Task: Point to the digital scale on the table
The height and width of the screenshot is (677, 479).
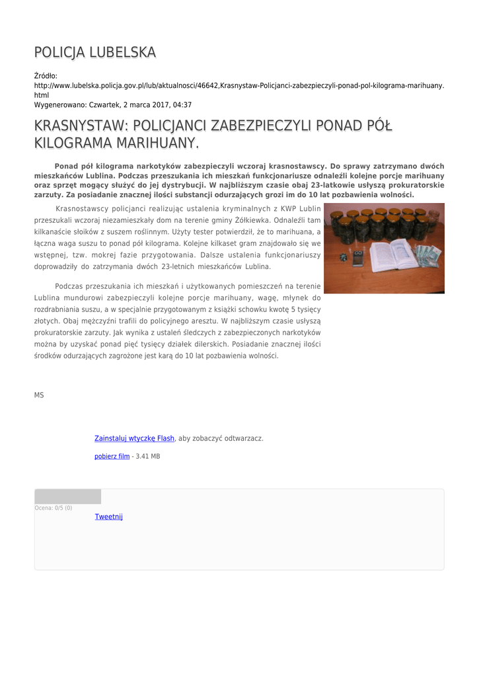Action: pyautogui.click(x=358, y=258)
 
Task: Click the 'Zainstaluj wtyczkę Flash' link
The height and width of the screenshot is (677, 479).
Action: pyautogui.click(x=135, y=438)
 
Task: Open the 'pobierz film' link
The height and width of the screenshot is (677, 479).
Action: pyautogui.click(x=112, y=456)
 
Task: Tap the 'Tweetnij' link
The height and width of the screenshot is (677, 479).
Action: pyautogui.click(x=109, y=516)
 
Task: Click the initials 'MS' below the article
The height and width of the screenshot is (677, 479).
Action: pyautogui.click(x=39, y=395)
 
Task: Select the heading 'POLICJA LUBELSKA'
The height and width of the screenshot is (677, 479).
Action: pyautogui.click(x=95, y=52)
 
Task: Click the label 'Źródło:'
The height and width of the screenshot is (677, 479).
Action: pyautogui.click(x=46, y=76)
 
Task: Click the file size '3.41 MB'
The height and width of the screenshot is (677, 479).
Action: pyautogui.click(x=148, y=456)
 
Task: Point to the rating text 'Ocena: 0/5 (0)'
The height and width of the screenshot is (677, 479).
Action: pyautogui.click(x=54, y=508)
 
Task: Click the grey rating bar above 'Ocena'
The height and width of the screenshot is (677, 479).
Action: pyautogui.click(x=68, y=497)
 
